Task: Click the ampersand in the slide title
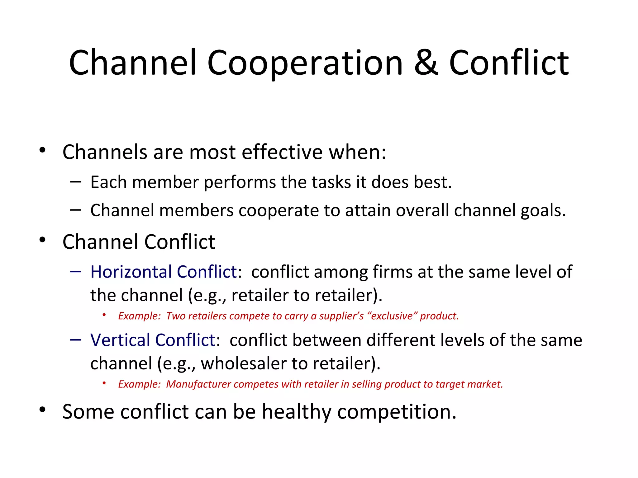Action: click(x=426, y=63)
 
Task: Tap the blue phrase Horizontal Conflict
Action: click(x=164, y=272)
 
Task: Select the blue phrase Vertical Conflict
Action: click(x=153, y=340)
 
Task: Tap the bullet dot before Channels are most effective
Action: click(x=42, y=150)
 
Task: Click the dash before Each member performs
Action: click(x=76, y=181)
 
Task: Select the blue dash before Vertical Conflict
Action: click(x=76, y=340)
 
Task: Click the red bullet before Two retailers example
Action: click(x=104, y=315)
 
